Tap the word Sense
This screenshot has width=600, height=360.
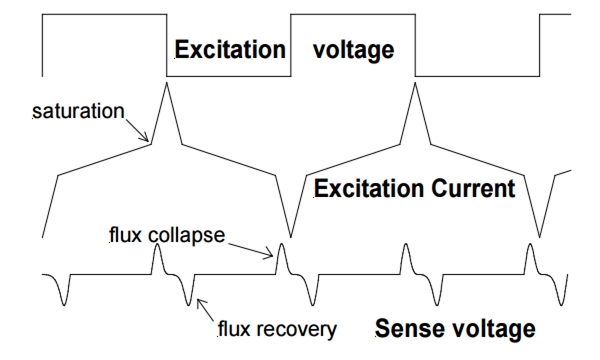tap(407, 327)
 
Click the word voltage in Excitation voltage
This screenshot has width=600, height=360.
tap(354, 49)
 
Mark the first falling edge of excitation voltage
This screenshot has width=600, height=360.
tap(167, 45)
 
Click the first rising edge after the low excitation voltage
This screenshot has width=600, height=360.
tap(290, 45)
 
